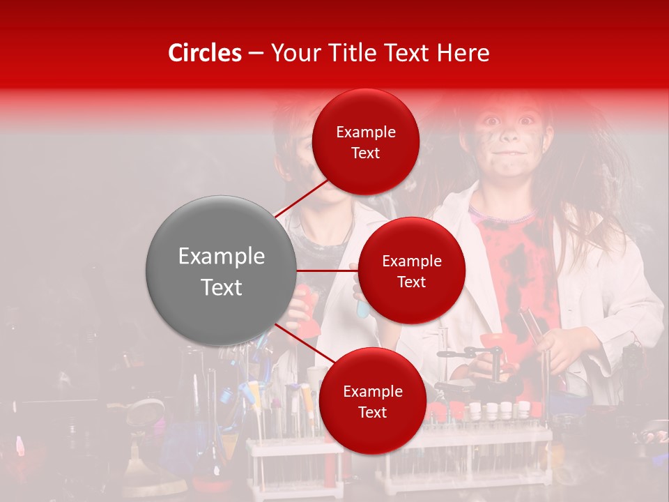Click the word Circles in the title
(205, 53)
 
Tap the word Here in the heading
(463, 53)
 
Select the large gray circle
(221, 271)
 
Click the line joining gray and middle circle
(328, 270)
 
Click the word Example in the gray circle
(221, 257)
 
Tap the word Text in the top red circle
(365, 153)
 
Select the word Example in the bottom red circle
(373, 392)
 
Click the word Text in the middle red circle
(411, 282)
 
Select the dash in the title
(256, 53)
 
